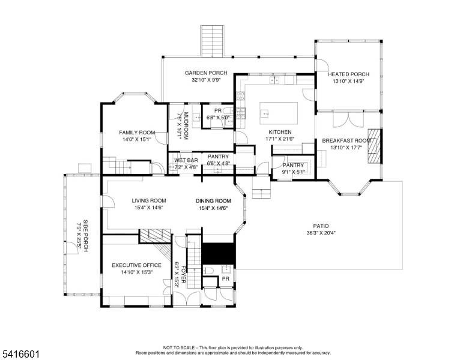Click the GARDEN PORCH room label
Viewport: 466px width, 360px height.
[x=205, y=73]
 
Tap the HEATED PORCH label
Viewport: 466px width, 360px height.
[x=348, y=74]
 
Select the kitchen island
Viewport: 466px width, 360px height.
[x=279, y=113]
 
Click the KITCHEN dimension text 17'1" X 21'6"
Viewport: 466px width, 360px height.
[x=280, y=139]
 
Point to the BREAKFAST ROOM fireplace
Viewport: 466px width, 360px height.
[x=375, y=146]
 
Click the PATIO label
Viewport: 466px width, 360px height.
[x=321, y=226]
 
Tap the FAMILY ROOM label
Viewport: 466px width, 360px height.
[x=137, y=133]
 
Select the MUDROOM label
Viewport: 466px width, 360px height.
[x=186, y=126]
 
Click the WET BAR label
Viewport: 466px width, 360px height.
[x=186, y=160]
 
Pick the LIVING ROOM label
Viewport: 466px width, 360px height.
[x=149, y=201]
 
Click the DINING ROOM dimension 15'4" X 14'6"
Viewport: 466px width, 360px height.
[x=213, y=208]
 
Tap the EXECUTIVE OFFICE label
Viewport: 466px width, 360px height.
[x=136, y=265]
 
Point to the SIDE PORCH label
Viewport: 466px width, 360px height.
[x=85, y=236]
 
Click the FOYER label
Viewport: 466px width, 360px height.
[x=183, y=274]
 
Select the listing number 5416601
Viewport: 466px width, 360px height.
[x=20, y=354]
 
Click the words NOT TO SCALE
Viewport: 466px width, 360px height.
[x=178, y=347]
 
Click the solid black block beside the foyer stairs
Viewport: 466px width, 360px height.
[x=219, y=253]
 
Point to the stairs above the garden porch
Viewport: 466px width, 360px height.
[x=212, y=41]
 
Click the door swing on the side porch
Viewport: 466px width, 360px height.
[x=72, y=247]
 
